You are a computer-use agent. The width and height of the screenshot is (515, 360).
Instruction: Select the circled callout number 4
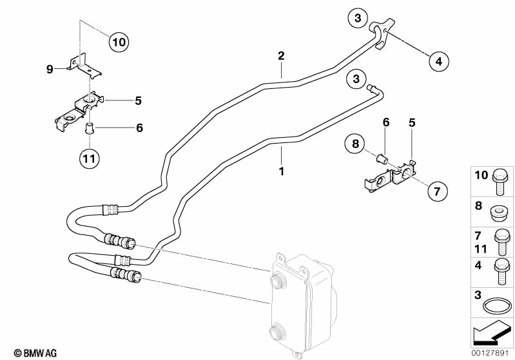[x=438, y=62]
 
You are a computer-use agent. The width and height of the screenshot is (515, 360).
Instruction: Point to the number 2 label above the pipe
[x=281, y=56]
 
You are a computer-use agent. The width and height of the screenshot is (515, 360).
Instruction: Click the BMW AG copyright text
[x=23, y=352]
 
